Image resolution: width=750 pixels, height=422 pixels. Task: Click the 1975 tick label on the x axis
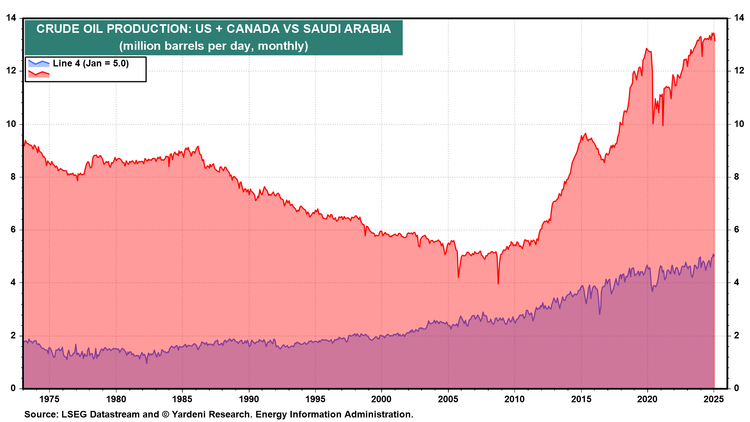coord(49,399)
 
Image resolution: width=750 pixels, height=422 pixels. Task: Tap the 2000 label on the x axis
coord(382,399)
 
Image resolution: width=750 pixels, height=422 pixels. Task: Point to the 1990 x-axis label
coord(249,399)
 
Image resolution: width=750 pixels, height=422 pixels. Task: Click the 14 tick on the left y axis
coord(11,18)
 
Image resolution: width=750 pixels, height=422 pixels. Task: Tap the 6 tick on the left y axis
coord(13,229)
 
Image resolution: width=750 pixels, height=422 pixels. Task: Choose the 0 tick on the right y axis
coord(737,388)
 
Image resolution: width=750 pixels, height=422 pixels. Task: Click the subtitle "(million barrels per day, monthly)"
coord(214,46)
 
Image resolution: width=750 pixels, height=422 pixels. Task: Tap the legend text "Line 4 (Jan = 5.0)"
coord(91,63)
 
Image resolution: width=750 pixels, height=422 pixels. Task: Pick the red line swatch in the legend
coord(39,73)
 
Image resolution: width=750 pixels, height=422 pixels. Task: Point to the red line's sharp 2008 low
coord(498,283)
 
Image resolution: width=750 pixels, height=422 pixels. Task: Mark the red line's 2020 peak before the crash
coord(646,49)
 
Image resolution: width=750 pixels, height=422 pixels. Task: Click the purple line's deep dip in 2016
coord(599,314)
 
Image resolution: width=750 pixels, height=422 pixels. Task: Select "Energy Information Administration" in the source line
coord(334,414)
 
